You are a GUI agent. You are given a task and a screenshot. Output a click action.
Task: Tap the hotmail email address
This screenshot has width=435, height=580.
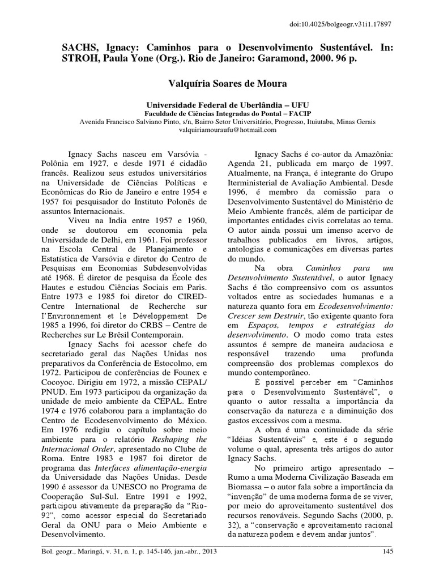[218, 130]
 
